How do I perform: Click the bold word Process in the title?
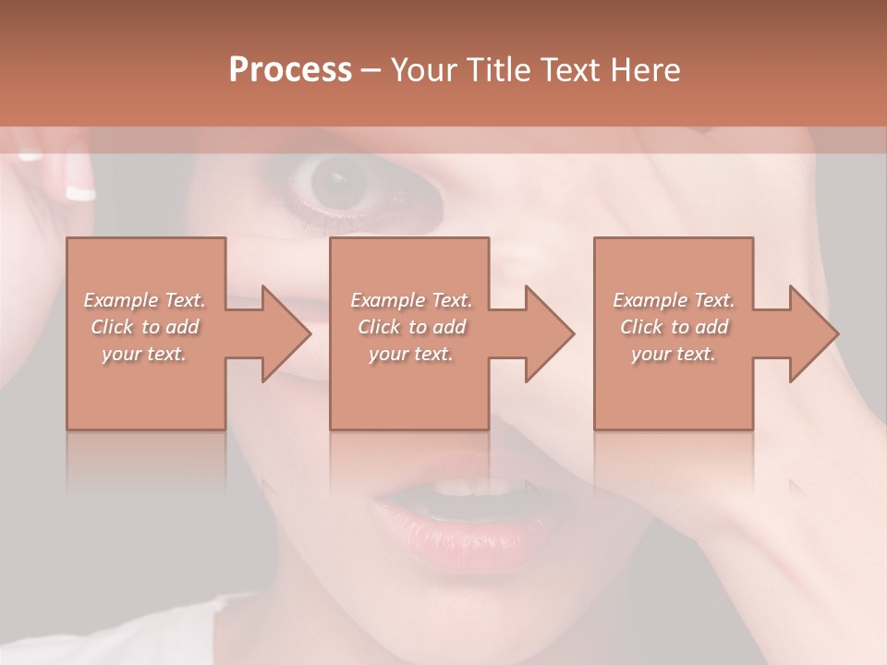coord(290,70)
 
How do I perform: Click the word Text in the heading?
coord(569,70)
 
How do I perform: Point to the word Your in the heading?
coord(423,70)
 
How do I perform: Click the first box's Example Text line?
coord(145,300)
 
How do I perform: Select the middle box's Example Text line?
coord(411,300)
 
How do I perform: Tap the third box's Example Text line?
coord(674,300)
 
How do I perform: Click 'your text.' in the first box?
coord(145,354)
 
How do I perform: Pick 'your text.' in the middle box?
coord(411,354)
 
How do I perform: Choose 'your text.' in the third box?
coord(674,354)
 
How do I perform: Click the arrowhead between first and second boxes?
coord(283,333)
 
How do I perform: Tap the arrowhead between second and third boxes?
coord(547,333)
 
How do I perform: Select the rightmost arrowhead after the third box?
coord(811,333)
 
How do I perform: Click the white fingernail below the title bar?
coord(80,193)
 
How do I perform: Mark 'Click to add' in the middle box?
coord(411,327)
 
